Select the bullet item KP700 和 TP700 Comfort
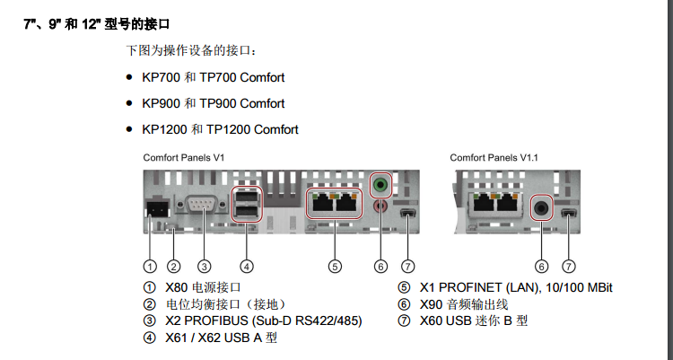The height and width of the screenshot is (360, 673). pos(213,78)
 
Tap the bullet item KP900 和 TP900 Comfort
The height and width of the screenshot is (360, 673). pos(213,103)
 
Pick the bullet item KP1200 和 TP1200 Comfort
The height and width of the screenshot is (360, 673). pos(220,129)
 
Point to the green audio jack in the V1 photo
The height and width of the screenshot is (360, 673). pos(381,185)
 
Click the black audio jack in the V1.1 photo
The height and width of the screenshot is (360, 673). pos(541,206)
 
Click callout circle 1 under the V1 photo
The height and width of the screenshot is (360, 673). pos(150,266)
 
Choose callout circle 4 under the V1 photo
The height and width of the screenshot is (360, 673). pos(247,266)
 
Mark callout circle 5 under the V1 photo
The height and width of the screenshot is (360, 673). pos(334,266)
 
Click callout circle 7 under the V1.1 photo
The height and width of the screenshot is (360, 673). pos(568,266)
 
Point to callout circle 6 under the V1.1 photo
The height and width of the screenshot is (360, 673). pos(541,266)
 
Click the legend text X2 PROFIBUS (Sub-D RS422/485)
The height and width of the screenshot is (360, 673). pos(263,320)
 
